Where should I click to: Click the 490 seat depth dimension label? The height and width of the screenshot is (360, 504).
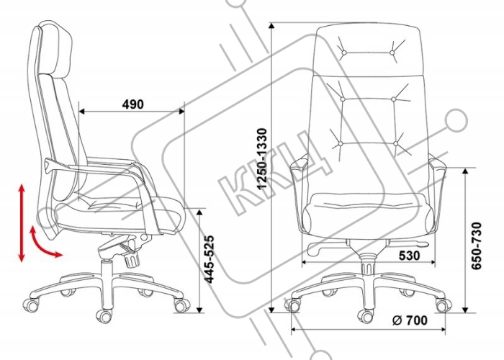[133, 104]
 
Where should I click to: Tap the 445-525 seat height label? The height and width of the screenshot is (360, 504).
[210, 259]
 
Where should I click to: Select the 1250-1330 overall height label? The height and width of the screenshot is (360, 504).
[262, 158]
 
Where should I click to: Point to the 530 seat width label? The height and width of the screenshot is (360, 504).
[409, 256]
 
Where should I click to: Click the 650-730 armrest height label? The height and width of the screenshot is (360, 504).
[477, 246]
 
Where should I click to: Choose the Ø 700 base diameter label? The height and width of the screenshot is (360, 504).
[410, 320]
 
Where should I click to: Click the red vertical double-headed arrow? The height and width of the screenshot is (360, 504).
[22, 222]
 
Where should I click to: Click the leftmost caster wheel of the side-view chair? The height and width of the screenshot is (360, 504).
[31, 305]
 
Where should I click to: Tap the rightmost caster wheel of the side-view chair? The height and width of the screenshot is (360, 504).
[181, 305]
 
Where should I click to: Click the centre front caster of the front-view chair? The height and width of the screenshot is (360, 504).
[366, 315]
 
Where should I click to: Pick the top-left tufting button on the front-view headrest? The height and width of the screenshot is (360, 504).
[343, 53]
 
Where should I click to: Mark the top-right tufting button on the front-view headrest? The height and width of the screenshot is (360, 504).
[392, 53]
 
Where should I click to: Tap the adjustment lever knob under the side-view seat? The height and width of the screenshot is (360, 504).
[132, 261]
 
